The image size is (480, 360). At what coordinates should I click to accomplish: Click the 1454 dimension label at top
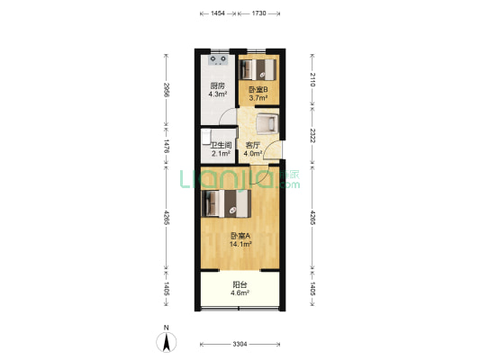pos(218,13)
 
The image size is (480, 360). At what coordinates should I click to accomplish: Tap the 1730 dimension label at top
pos(259,13)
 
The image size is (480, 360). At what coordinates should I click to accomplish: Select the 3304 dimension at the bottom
pos(240,345)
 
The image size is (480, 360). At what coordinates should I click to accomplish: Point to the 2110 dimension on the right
pos(312,79)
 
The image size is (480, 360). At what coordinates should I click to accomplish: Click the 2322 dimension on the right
pos(312,136)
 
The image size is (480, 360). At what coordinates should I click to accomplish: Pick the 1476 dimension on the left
pos(167,146)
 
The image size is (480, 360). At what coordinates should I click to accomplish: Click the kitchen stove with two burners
pos(218,60)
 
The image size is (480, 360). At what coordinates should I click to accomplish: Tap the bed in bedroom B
pos(258,69)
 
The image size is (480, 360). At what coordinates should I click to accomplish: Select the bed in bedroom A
pos(226,203)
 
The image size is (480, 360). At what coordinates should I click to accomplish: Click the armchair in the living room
pos(267,123)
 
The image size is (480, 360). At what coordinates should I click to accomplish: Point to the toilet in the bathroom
pos(206,137)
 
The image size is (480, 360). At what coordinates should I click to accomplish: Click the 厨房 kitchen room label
pos(217,85)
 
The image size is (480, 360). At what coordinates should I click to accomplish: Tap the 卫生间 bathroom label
pos(221,145)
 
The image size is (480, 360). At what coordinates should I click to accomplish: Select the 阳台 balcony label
pos(240,284)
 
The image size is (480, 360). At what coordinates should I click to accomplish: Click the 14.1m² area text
pos(240,244)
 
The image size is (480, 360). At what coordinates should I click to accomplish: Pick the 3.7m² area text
pos(258,98)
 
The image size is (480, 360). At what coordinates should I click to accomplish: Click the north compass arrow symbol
pos(167,342)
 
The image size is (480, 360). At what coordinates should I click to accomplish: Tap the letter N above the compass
pos(167,328)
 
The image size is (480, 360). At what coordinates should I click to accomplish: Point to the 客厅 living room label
pos(253,145)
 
